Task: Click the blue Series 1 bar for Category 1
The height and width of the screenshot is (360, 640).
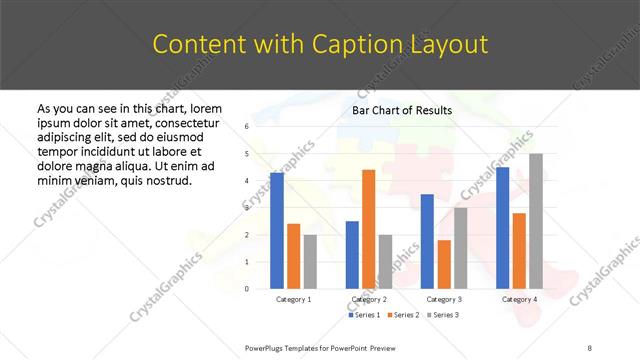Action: [276, 231]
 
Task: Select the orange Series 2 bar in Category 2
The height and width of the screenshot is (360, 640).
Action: [368, 229]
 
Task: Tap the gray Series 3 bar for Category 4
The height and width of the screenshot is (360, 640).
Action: [536, 221]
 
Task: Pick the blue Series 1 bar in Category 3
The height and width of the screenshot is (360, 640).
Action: [427, 241]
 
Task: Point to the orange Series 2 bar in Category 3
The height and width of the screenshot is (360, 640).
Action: [444, 264]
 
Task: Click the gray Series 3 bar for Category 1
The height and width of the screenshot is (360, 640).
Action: [310, 262]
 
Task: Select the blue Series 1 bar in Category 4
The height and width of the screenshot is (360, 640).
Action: [502, 228]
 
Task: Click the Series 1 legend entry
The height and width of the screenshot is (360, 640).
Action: [363, 315]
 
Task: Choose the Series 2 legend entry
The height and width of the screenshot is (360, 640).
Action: [402, 315]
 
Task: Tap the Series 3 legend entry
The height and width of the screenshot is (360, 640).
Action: [442, 315]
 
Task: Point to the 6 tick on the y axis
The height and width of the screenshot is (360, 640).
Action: [246, 127]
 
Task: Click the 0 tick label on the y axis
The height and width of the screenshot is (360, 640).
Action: [246, 289]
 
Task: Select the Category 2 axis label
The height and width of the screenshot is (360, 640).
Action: [368, 299]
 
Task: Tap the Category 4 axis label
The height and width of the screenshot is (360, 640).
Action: [519, 299]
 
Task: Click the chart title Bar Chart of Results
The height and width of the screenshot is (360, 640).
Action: [402, 109]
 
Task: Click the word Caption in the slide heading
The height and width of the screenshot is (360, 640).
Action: [363, 45]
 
